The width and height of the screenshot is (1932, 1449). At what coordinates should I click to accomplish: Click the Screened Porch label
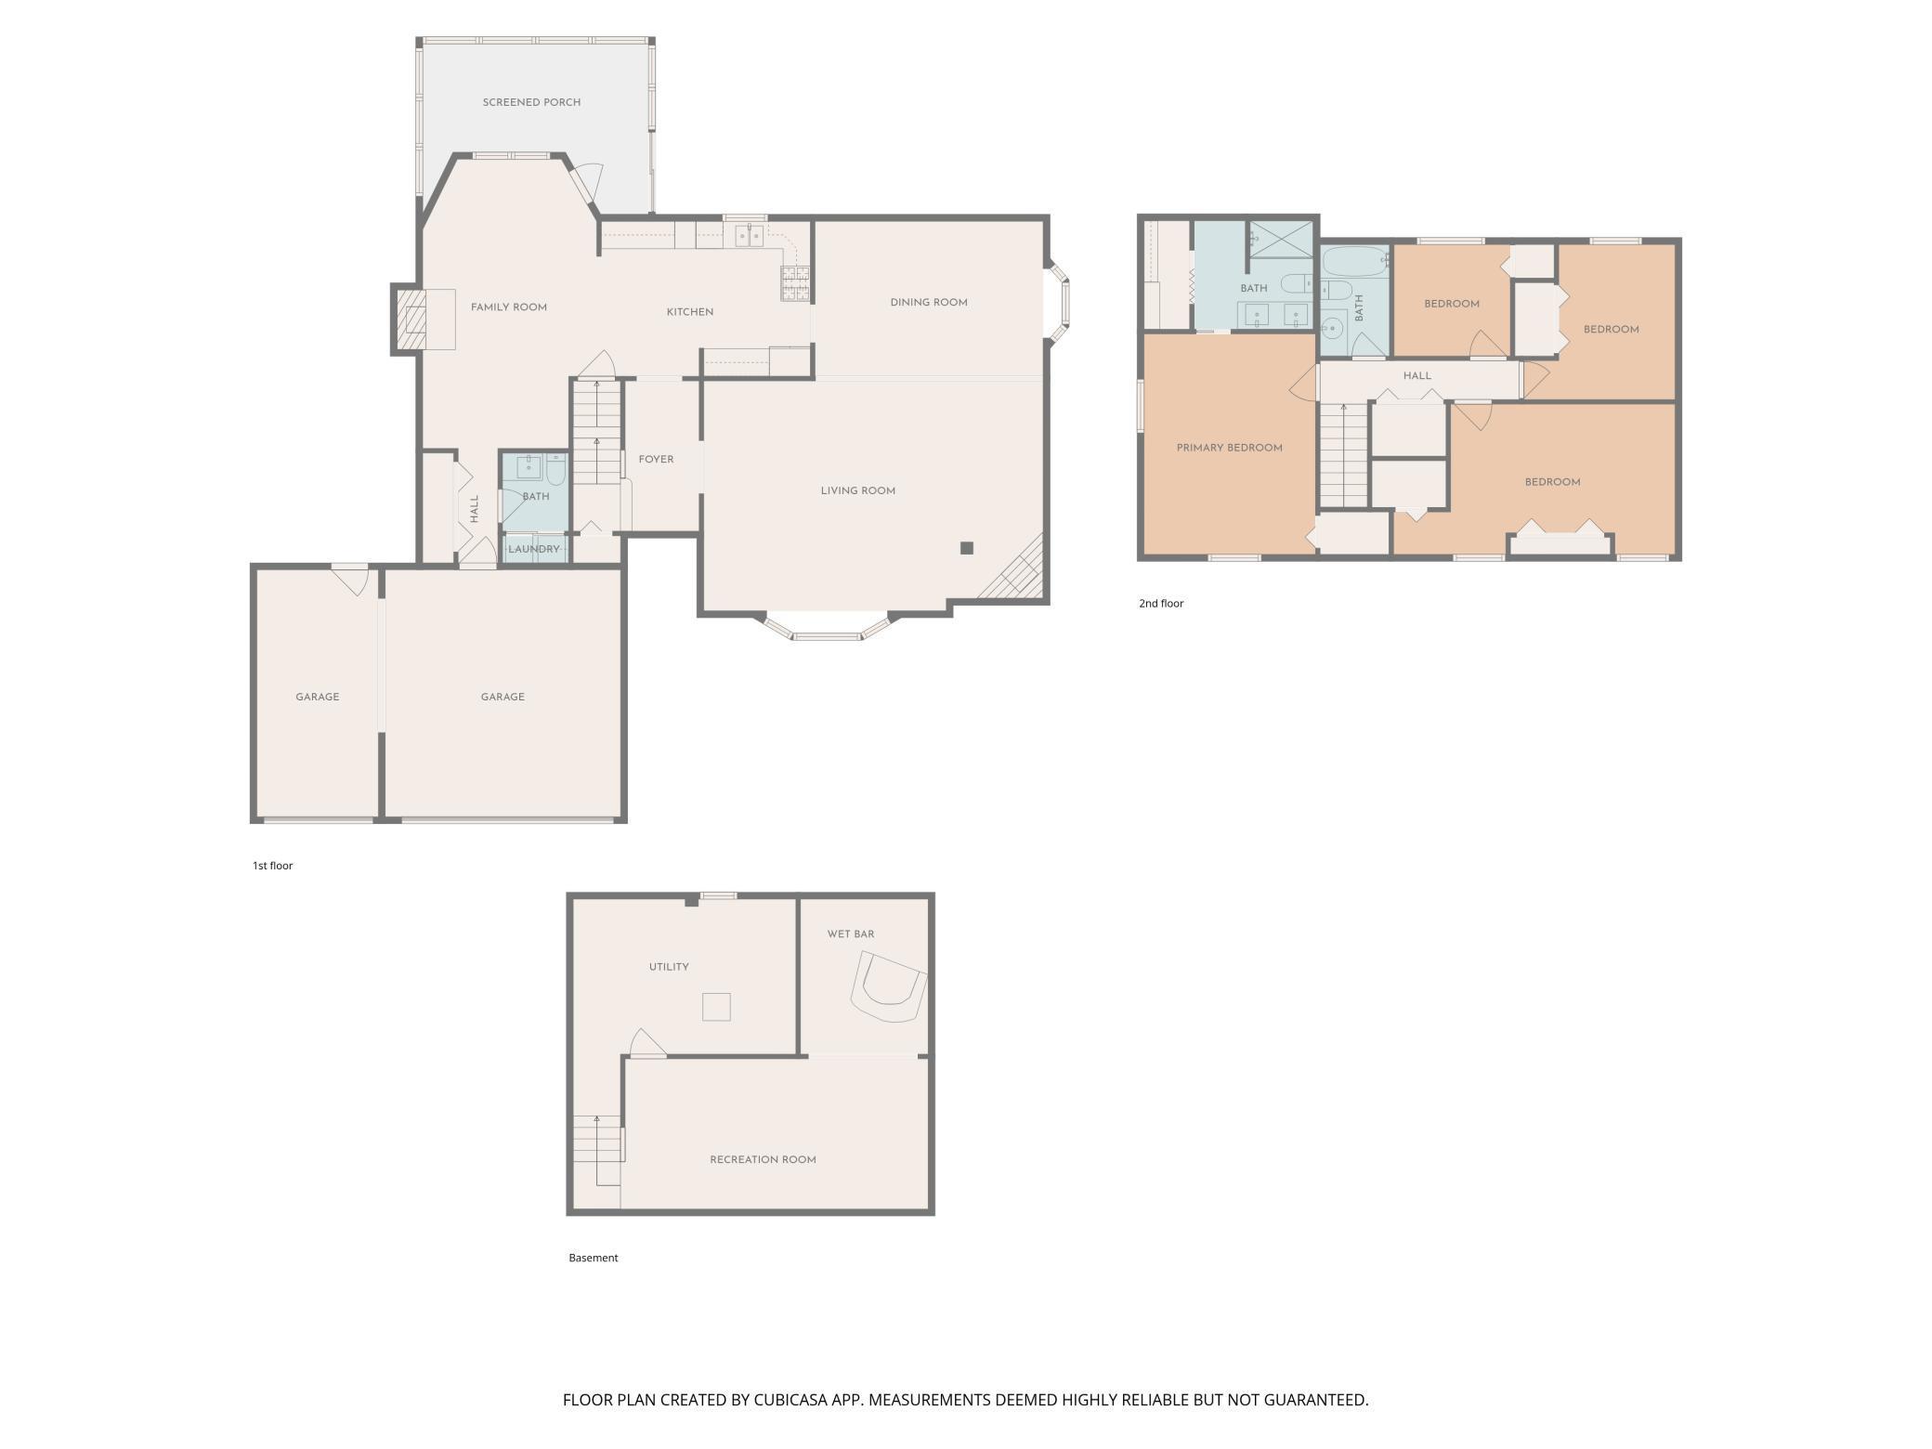(531, 102)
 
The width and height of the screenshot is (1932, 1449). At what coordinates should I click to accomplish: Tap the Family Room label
(508, 307)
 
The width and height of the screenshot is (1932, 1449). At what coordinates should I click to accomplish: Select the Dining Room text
(929, 303)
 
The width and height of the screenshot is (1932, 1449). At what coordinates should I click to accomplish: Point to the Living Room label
(858, 491)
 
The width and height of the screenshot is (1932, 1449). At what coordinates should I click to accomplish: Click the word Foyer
(656, 460)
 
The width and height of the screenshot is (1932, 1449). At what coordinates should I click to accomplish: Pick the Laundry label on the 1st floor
(534, 550)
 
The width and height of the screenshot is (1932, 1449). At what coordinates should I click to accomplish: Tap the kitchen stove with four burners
(795, 284)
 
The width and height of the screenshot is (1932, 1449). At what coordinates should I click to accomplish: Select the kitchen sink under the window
(750, 236)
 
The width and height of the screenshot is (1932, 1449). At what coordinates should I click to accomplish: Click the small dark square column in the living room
(967, 548)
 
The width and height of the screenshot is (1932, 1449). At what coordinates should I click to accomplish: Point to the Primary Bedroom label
(1230, 448)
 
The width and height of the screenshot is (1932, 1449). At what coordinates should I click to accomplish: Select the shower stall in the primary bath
(1281, 239)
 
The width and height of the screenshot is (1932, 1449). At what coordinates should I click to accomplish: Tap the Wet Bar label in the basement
(851, 934)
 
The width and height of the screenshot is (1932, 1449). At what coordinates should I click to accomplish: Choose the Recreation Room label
(763, 1160)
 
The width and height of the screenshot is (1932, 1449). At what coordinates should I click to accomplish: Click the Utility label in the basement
(669, 967)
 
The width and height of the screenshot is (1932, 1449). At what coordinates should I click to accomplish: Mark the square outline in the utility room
(716, 1007)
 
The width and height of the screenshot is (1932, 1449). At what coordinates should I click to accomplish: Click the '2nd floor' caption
(1161, 604)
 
